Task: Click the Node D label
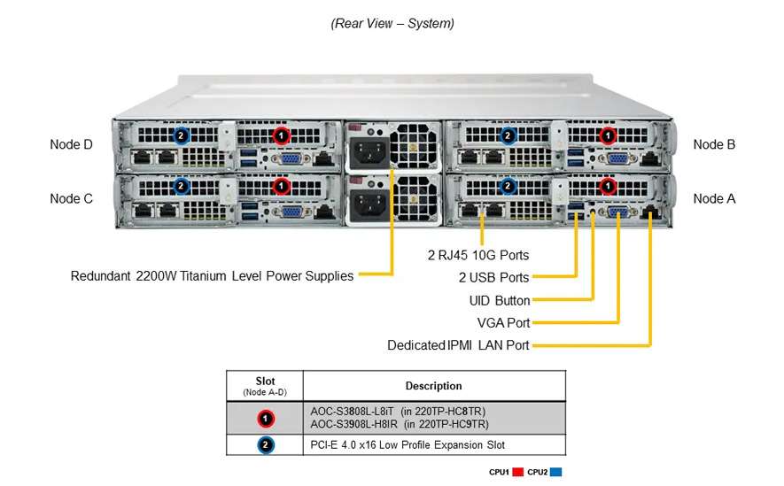pos(71,145)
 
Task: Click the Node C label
pos(71,198)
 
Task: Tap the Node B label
pos(714,144)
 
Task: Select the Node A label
pos(714,198)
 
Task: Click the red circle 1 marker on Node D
pos(281,135)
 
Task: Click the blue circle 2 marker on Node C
pos(181,187)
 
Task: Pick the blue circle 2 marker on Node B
pos(508,135)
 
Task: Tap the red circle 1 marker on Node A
pos(607,187)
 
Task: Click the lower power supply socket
pos(369,206)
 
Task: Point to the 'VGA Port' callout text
pos(503,322)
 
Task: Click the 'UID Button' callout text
pos(500,301)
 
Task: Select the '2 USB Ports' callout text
pos(493,278)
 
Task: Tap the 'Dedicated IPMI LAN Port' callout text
pos(458,345)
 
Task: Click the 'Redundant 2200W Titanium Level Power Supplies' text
pos(212,276)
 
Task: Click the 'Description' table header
pos(433,386)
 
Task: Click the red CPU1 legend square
pos(518,473)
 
